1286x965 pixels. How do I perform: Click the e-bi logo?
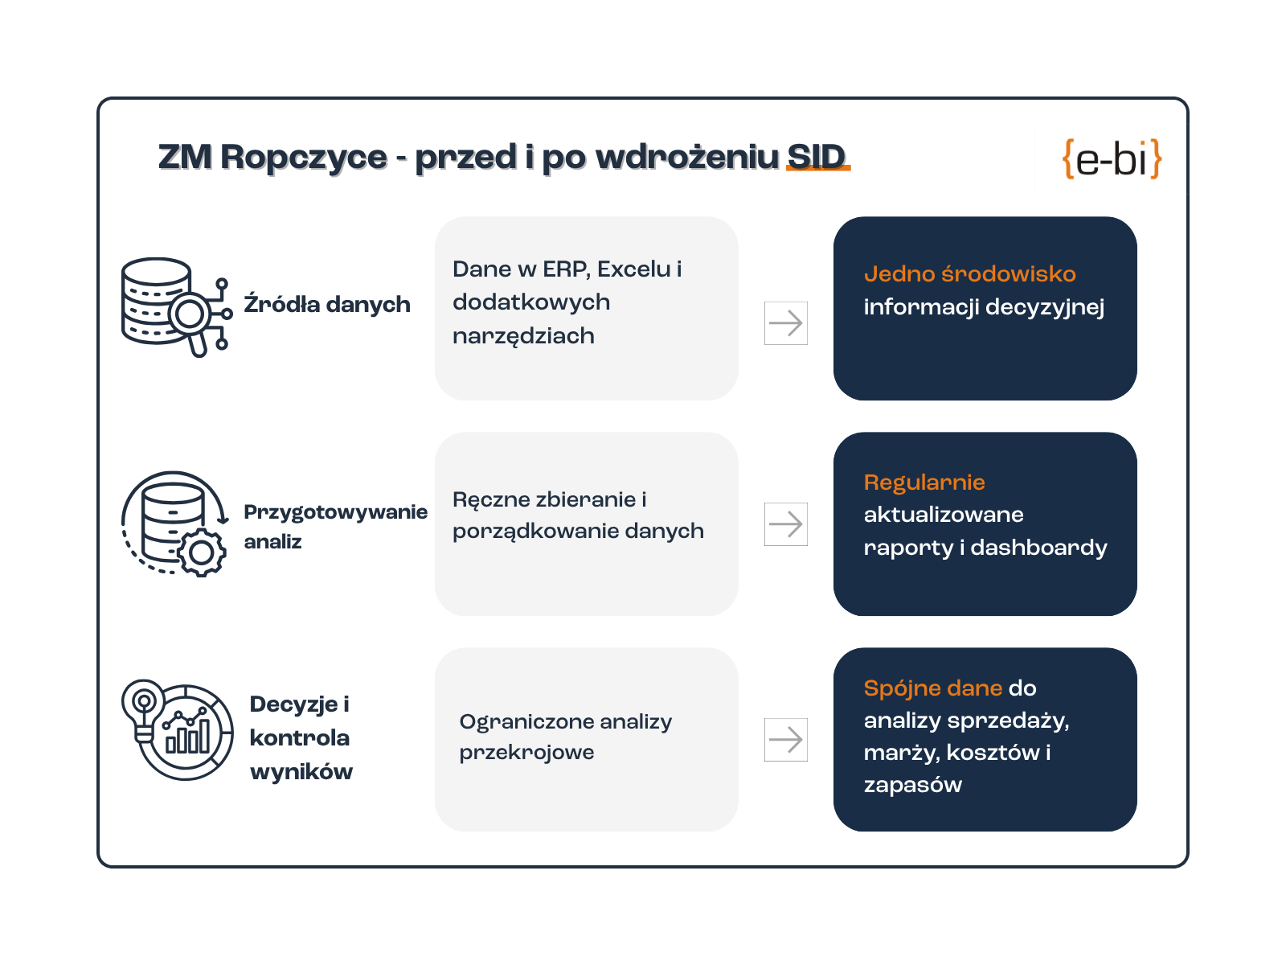pos(1111,158)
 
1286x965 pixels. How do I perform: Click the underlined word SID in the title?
pos(817,157)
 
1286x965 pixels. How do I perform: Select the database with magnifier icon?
pos(177,307)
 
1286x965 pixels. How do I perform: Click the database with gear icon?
pos(174,524)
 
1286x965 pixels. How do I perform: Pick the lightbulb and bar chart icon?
pos(177,729)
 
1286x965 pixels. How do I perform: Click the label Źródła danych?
pos(327,304)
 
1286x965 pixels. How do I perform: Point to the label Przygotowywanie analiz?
pos(336,526)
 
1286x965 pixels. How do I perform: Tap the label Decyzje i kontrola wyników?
pos(301,737)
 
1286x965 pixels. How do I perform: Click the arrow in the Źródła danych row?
pos(785,323)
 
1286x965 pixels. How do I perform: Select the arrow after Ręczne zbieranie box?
pos(785,524)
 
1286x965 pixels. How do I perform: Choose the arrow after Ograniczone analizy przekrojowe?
pos(785,740)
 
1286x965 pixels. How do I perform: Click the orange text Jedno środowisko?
pos(969,274)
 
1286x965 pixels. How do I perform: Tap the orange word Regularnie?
pos(924,482)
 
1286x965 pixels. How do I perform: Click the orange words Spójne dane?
pos(932,688)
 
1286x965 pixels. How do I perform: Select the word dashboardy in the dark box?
pos(1038,548)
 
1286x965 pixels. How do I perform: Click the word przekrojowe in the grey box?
pos(526,753)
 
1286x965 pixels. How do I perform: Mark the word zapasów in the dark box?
pos(913,785)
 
